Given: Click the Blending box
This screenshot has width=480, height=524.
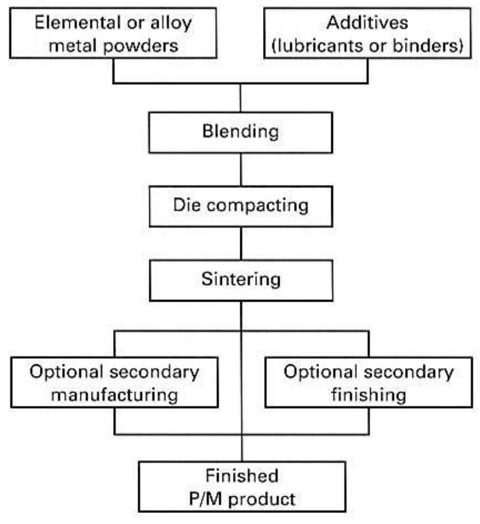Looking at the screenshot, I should click(x=240, y=132).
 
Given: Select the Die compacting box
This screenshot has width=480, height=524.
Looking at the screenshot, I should click(x=240, y=205).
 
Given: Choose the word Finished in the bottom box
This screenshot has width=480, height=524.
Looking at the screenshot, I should click(x=240, y=475).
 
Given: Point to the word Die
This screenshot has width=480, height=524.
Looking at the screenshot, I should click(x=186, y=205).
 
